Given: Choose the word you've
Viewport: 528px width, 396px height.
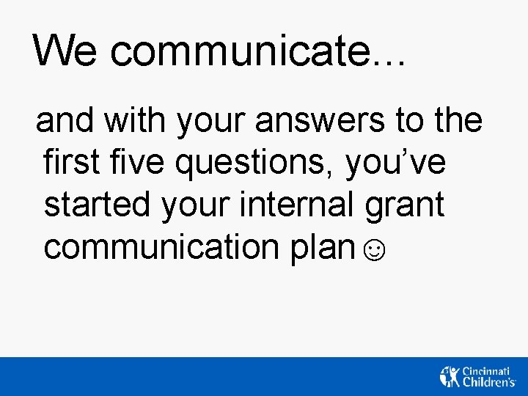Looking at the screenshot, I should click(x=395, y=164).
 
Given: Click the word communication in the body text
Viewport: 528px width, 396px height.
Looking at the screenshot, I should click(x=158, y=247).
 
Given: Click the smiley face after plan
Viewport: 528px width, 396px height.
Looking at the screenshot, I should click(x=373, y=252).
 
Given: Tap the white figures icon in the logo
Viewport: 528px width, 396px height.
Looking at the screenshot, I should click(x=449, y=375).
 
